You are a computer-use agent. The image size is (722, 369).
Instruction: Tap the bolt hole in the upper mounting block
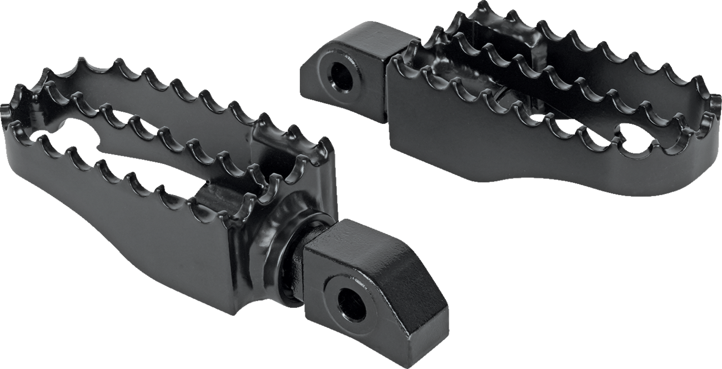[x=340, y=77]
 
